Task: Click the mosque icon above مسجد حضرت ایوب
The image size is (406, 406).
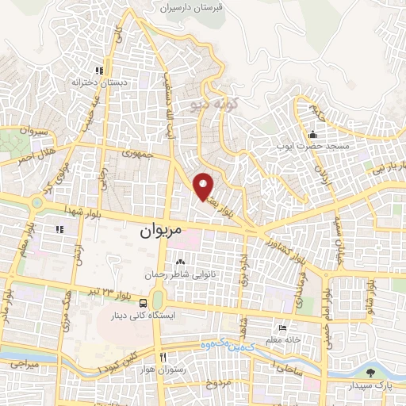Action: (312, 133)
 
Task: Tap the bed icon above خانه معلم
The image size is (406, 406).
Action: (282, 327)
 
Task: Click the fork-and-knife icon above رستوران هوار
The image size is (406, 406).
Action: (163, 357)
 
